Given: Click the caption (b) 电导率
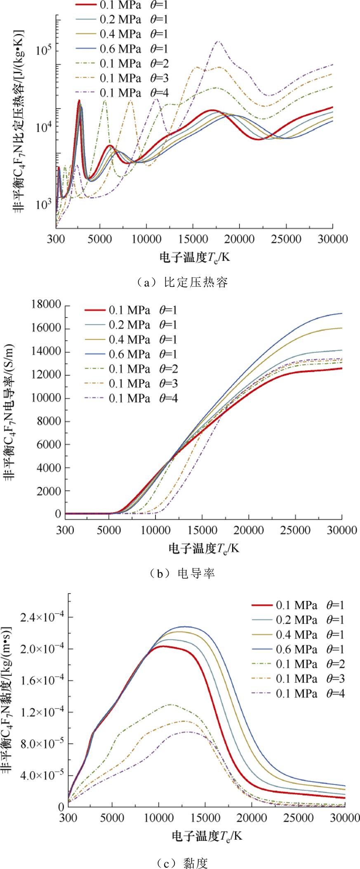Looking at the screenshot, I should coord(181,573).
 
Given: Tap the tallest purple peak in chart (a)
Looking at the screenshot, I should coord(218,42).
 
